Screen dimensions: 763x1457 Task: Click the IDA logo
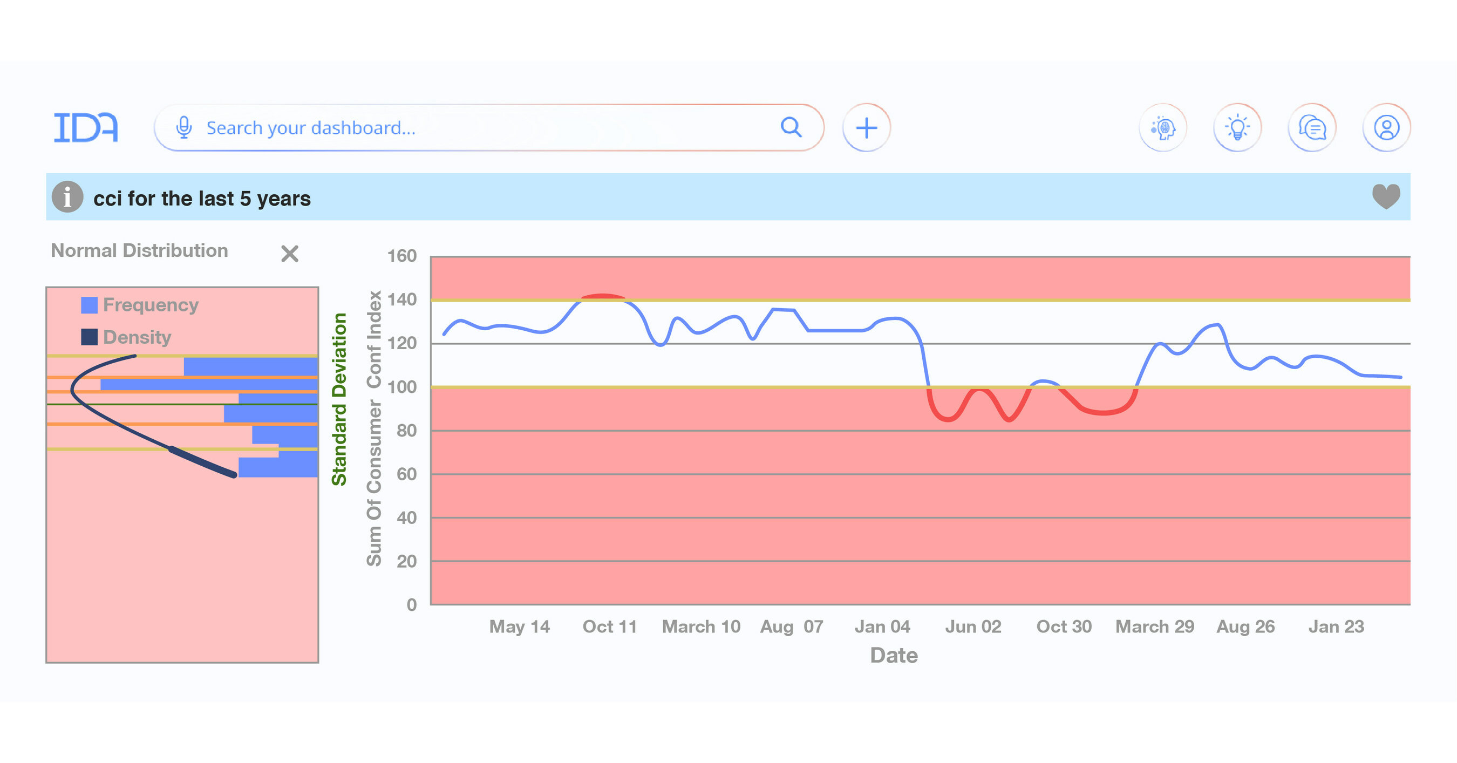point(85,127)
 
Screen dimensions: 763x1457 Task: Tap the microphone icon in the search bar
point(184,128)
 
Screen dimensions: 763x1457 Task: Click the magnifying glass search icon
point(791,127)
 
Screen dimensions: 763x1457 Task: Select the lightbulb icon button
point(1237,128)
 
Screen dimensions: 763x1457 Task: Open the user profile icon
point(1386,128)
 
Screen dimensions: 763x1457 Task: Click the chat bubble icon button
point(1312,128)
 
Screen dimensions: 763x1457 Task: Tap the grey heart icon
point(1386,197)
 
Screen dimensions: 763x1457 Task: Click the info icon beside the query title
point(67,197)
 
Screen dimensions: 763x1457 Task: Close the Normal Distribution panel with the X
point(290,254)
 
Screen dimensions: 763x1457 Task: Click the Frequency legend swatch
point(90,305)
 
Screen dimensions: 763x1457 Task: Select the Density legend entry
point(137,337)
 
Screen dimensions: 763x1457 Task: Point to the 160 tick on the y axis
point(401,256)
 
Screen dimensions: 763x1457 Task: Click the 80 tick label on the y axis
point(406,431)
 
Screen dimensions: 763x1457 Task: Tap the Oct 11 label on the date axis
point(609,626)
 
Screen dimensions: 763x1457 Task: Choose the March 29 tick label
point(1154,626)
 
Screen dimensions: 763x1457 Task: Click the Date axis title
point(894,656)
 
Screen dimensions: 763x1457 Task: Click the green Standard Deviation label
point(339,399)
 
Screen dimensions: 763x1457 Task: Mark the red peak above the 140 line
point(603,296)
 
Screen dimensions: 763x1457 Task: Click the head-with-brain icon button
point(1162,128)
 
